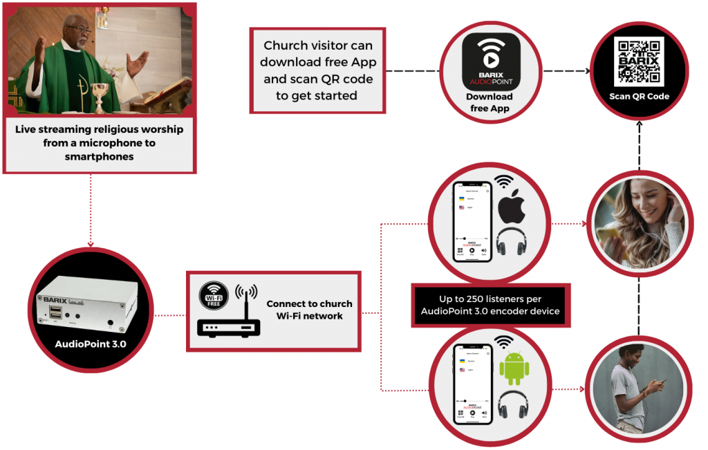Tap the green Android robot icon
(513, 368)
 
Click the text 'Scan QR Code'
(639, 96)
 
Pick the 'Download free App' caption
(490, 102)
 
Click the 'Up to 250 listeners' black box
(490, 305)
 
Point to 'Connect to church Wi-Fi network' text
(309, 310)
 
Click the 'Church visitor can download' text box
(317, 71)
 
